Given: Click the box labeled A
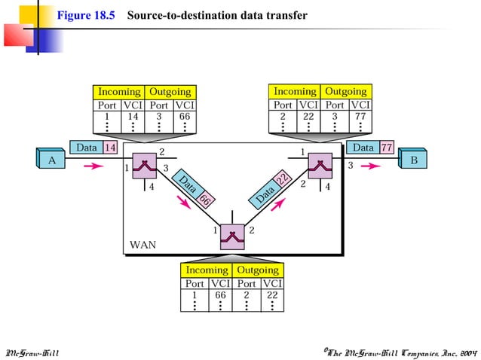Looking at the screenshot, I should (51, 160).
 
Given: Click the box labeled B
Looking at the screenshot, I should (413, 160).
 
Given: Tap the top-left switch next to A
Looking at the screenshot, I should (142, 165).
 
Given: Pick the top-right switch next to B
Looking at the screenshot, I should (320, 165).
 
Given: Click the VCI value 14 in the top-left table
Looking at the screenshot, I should (132, 117).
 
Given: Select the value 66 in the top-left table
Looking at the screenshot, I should (184, 117).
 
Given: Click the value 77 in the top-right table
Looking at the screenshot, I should (360, 117).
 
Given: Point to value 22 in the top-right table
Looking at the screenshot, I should (308, 117).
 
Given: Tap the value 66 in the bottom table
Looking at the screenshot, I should (220, 295).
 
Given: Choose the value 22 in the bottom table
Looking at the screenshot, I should (272, 295).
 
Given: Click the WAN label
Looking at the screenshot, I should (143, 245).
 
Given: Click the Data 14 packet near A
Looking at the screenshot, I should (93, 148).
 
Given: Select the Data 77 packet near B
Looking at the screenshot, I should (370, 148).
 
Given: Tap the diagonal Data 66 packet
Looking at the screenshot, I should (195, 191).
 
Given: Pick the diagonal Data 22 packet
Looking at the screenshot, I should (273, 188).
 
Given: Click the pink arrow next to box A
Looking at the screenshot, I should (93, 166).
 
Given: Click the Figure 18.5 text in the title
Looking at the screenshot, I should (85, 15).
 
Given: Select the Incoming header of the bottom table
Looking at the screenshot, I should (207, 270).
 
